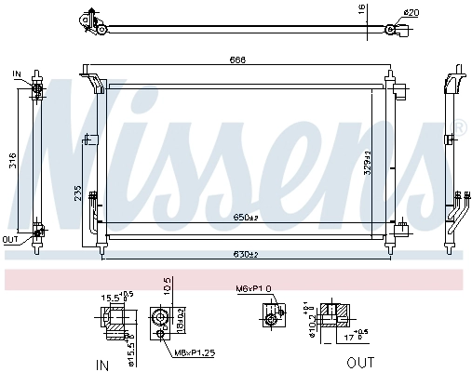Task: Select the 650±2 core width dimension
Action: [245, 217]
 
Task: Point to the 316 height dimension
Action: [12, 164]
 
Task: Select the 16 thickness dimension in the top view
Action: [362, 10]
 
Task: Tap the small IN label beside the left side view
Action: [18, 73]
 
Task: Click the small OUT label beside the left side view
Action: [10, 239]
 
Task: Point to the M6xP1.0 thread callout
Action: [253, 289]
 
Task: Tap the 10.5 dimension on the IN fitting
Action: [168, 285]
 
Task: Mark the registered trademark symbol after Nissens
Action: [459, 125]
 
